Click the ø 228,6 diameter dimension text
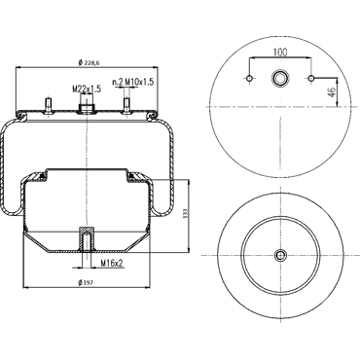click(x=89, y=62)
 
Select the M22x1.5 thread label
click(x=87, y=89)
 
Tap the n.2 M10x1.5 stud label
click(x=132, y=82)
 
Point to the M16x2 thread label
click(x=112, y=263)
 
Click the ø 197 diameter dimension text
click(x=86, y=283)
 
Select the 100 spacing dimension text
click(x=280, y=53)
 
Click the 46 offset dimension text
click(x=332, y=92)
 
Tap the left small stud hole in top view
click(x=249, y=78)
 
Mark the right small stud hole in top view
click(x=311, y=78)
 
